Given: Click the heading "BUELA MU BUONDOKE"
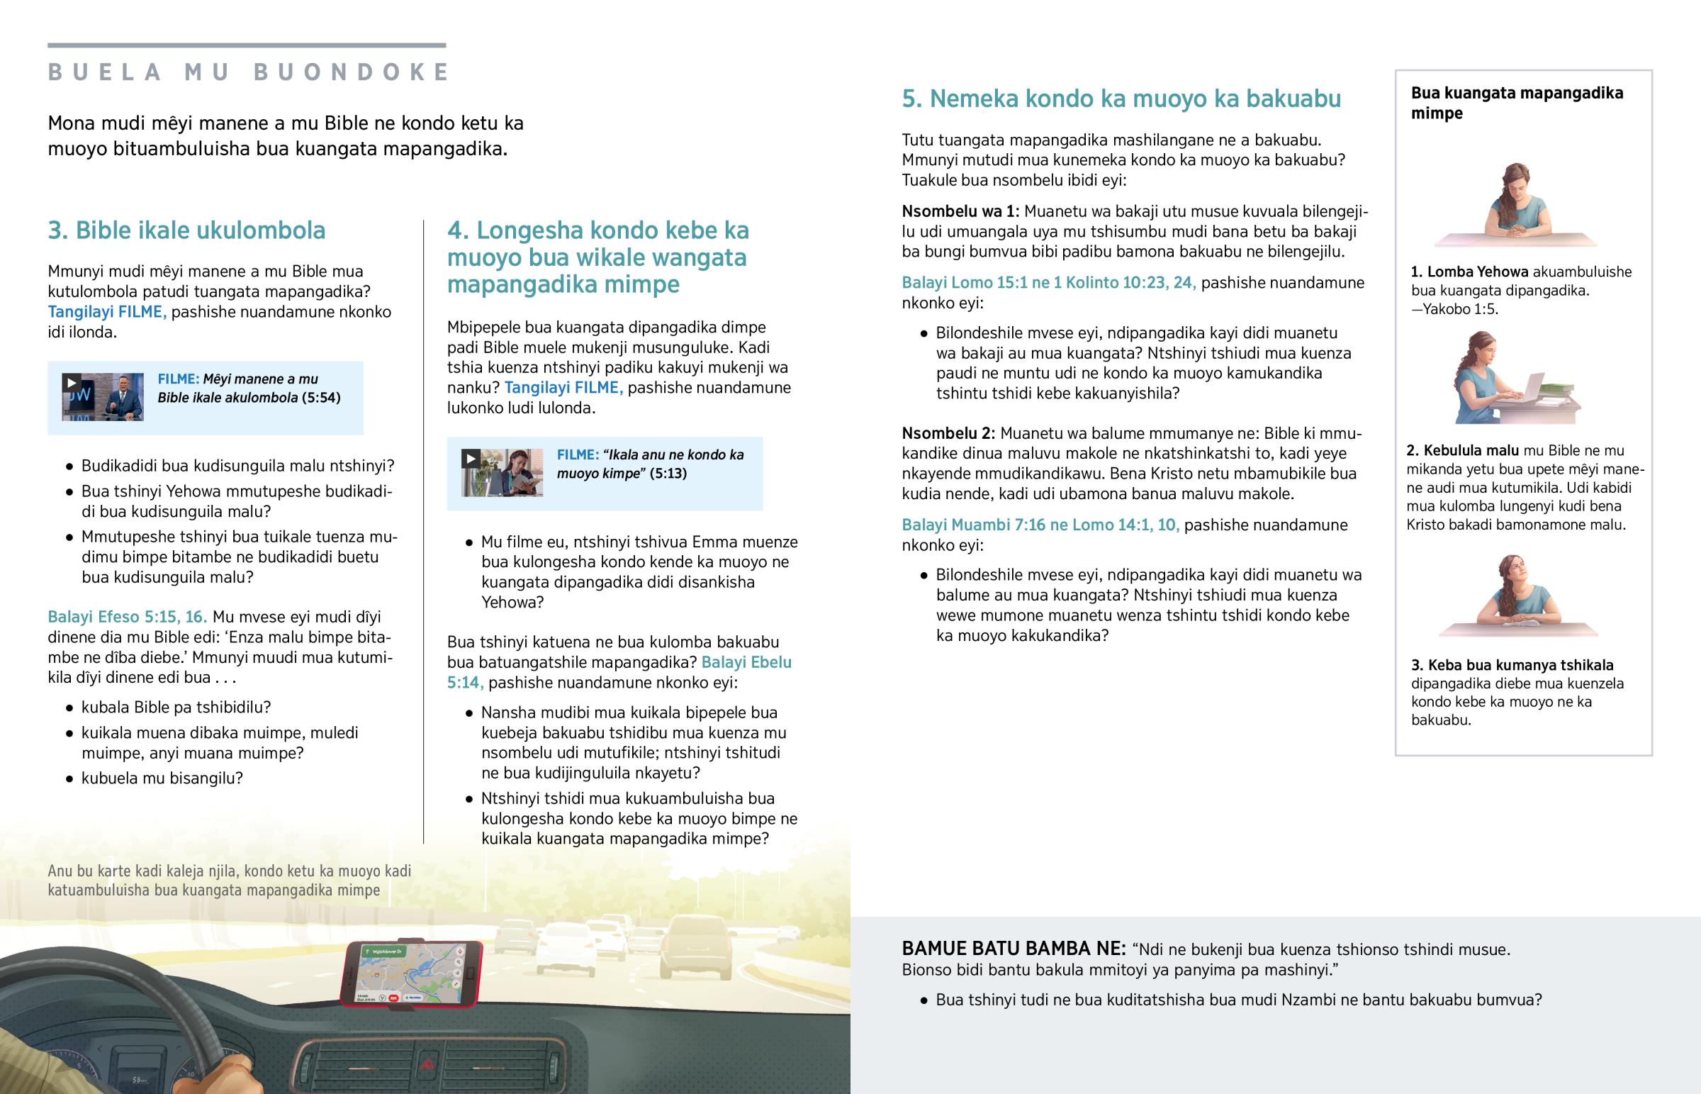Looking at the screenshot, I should pyautogui.click(x=249, y=72).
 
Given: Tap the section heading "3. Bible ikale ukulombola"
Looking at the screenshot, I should pyautogui.click(x=186, y=230).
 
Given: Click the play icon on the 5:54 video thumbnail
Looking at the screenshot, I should pyautogui.click(x=71, y=382).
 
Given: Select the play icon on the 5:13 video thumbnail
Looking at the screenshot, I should pyautogui.click(x=470, y=458).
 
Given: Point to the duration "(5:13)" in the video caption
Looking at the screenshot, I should pyautogui.click(x=668, y=474).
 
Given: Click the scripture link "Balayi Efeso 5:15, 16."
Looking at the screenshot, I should pyautogui.click(x=127, y=617).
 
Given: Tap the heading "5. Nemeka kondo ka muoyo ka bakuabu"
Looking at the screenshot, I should pyautogui.click(x=1121, y=99).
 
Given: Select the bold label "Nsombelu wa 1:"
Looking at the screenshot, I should pyautogui.click(x=960, y=211).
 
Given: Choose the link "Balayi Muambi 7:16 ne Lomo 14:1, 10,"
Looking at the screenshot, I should pyautogui.click(x=1039, y=525).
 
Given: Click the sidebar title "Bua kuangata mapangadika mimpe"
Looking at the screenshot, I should pyautogui.click(x=1517, y=103).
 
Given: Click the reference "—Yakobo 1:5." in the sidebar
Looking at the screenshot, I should pyautogui.click(x=1454, y=309).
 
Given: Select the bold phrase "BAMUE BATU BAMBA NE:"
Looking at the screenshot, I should pyautogui.click(x=1013, y=949).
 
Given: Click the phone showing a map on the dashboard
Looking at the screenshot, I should pyautogui.click(x=411, y=973).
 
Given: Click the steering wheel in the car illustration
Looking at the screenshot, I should pyautogui.click(x=142, y=1009).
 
